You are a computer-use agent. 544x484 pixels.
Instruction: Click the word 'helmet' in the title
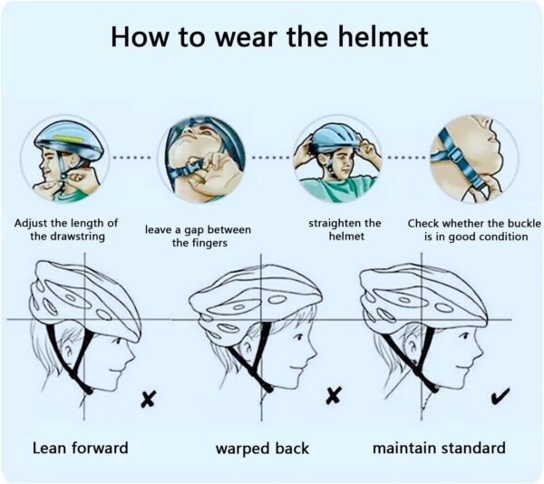pyautogui.click(x=379, y=37)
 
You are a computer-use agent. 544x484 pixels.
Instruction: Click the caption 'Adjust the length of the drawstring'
pyautogui.click(x=66, y=229)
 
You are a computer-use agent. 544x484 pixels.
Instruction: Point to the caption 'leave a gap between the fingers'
pyautogui.click(x=199, y=236)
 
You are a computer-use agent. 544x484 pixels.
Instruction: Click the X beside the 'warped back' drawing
pyautogui.click(x=335, y=394)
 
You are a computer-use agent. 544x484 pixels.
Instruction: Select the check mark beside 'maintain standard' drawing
pyautogui.click(x=498, y=395)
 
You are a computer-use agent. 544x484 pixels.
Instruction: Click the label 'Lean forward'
pyautogui.click(x=80, y=448)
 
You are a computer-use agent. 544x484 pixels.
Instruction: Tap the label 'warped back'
pyautogui.click(x=262, y=448)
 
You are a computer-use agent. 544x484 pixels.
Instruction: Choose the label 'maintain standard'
pyautogui.click(x=439, y=448)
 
